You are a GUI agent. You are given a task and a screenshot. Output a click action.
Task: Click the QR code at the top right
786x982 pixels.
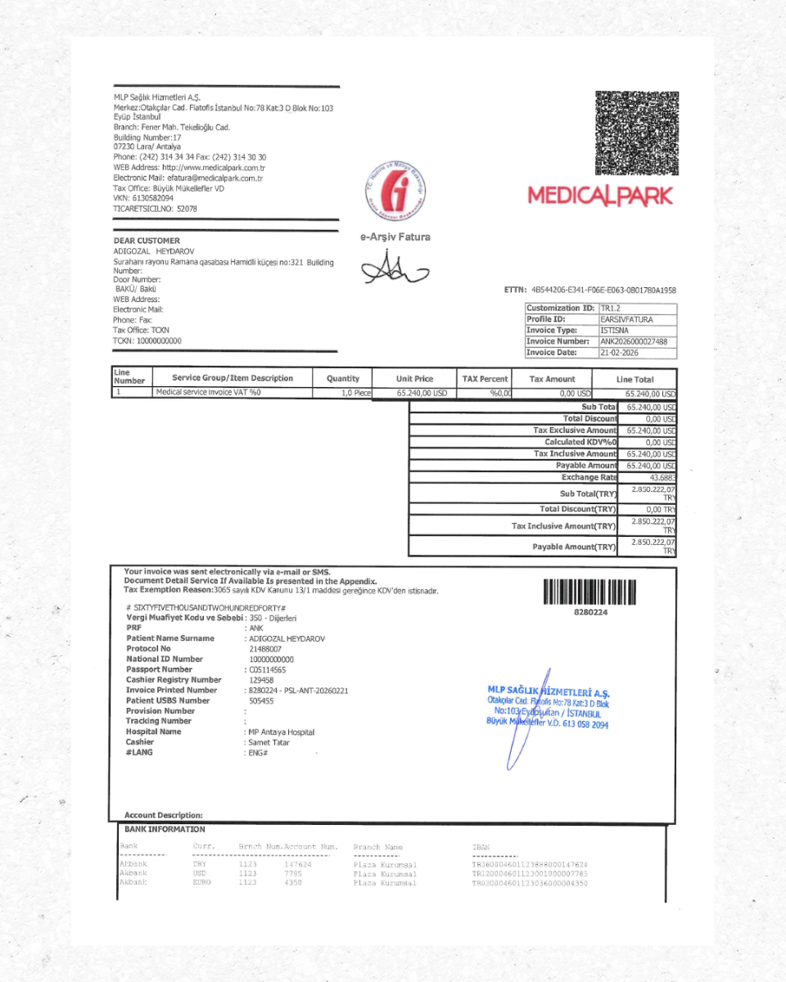pos(636,133)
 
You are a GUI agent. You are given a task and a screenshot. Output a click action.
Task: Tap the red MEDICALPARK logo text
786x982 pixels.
pos(600,196)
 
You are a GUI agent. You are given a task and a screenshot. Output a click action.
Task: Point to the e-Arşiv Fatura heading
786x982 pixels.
pos(395,237)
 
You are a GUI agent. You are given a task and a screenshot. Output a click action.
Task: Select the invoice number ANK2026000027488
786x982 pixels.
pos(633,341)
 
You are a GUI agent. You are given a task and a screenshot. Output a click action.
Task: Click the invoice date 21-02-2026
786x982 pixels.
pos(619,353)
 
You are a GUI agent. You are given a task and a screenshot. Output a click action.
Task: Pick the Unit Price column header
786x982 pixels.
pos(414,379)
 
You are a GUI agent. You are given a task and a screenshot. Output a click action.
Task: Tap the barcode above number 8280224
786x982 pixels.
pos(589,592)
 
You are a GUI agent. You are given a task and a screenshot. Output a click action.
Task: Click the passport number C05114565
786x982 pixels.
pos(268,669)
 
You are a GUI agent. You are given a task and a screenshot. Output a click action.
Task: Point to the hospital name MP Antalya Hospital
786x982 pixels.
pos(281,732)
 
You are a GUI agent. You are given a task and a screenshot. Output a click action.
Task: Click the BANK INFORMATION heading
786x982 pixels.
pos(165,830)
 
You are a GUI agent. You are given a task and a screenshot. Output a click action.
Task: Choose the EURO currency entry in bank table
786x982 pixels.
pos(202,883)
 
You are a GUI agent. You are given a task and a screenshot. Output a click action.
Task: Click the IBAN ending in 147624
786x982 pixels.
pos(530,864)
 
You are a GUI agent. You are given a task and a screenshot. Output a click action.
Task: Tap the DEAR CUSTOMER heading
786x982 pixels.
pos(146,241)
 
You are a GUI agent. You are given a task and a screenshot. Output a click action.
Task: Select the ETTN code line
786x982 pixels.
pos(590,290)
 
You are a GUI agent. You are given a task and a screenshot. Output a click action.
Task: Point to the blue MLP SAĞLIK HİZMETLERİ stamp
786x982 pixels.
pos(548,708)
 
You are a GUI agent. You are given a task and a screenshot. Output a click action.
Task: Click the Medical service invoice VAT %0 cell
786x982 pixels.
pos(208,393)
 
